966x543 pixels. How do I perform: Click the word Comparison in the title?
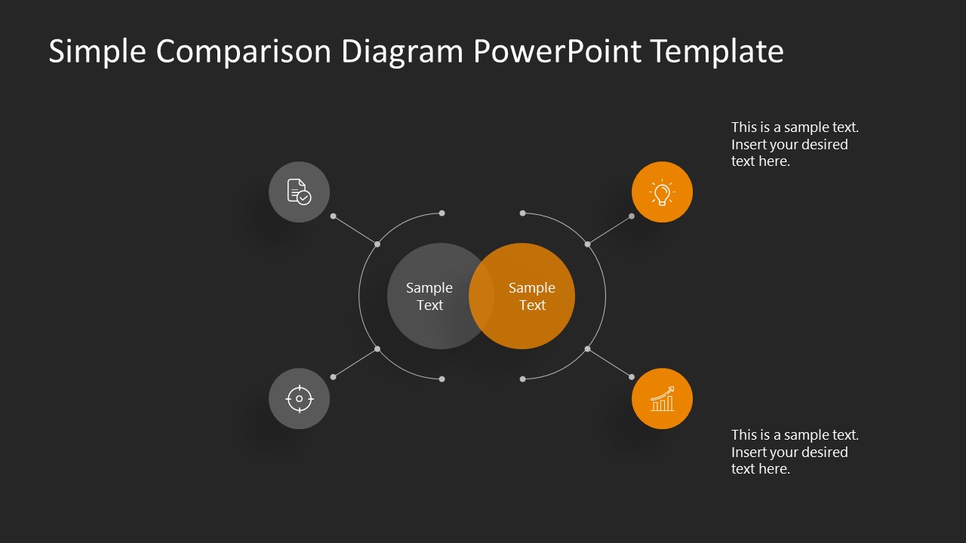[244, 52]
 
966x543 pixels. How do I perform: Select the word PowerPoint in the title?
[558, 52]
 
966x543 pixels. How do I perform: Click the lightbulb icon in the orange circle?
[662, 192]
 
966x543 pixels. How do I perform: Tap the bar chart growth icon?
[662, 399]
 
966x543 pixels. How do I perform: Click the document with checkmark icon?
[299, 192]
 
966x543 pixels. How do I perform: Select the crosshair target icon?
[299, 398]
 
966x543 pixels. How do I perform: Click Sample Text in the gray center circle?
[429, 296]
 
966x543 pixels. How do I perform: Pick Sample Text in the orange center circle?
[532, 296]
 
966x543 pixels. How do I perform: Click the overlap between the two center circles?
[481, 296]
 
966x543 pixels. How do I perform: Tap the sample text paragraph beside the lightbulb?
[794, 144]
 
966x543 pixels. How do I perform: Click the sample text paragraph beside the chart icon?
[794, 452]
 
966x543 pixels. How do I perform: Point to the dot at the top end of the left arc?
[441, 213]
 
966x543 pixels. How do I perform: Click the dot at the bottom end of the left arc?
[441, 379]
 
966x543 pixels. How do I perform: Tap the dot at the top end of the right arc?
[522, 213]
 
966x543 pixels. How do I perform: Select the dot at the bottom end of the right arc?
[522, 379]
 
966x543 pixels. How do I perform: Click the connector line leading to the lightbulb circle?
[610, 230]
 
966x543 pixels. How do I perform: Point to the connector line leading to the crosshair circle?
[355, 363]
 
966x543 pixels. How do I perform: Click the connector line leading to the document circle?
[355, 230]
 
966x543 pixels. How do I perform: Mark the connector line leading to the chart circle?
[610, 363]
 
